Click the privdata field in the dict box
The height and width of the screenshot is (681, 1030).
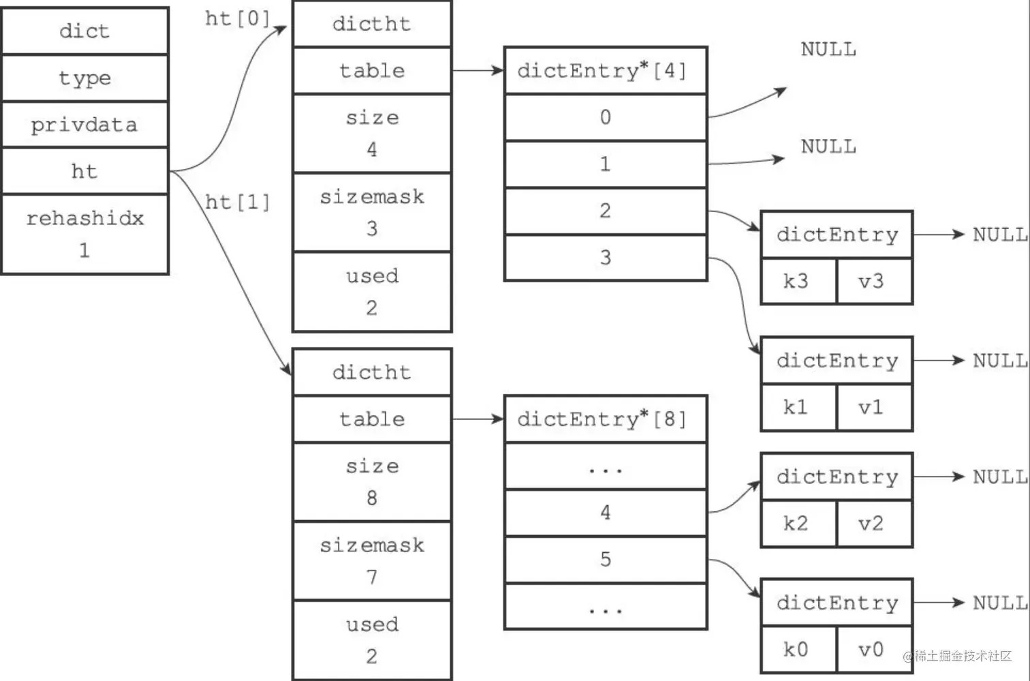(x=84, y=125)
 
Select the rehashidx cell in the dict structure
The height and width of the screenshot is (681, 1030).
(x=84, y=234)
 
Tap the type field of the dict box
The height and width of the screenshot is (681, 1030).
(x=84, y=78)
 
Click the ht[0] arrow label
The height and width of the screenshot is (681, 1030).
(x=237, y=19)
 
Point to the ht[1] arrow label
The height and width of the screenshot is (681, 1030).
(x=237, y=202)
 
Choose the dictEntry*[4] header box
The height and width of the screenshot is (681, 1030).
(x=606, y=70)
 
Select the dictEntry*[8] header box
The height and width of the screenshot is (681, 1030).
(x=606, y=419)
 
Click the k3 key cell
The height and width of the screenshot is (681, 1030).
(x=798, y=281)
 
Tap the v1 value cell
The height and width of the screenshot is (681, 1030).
(x=875, y=407)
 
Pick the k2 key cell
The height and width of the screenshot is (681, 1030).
(x=798, y=523)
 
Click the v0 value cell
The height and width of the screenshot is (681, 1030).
(x=875, y=649)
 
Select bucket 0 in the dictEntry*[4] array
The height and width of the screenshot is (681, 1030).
(x=606, y=117)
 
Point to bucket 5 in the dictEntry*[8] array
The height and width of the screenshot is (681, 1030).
(x=606, y=559)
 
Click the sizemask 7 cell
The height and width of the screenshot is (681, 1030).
(x=372, y=561)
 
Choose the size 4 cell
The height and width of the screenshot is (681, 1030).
(x=372, y=134)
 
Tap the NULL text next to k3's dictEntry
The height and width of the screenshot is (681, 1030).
(x=1000, y=234)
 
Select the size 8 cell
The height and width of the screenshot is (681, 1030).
(x=372, y=482)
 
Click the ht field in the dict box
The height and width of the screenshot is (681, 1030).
(x=84, y=171)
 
